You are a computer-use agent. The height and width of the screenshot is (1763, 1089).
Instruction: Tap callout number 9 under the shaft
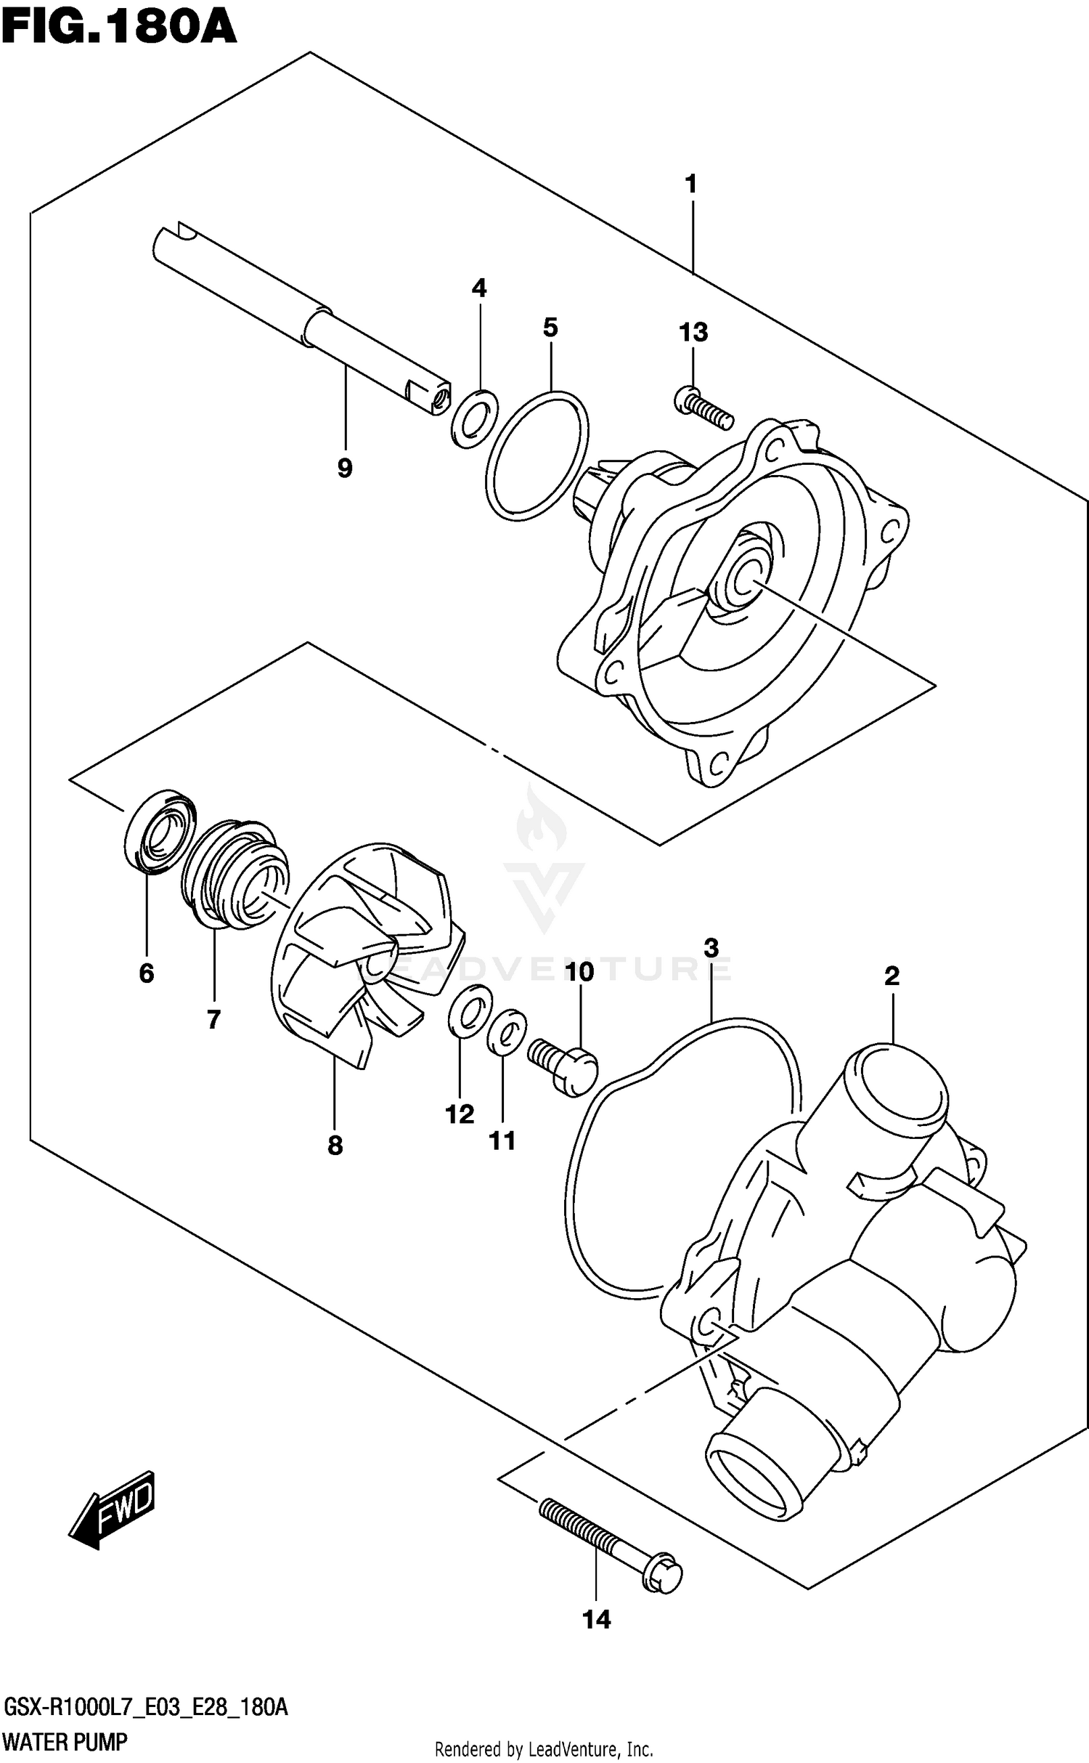(x=345, y=469)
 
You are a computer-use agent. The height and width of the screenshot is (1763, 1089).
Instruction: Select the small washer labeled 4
(x=475, y=419)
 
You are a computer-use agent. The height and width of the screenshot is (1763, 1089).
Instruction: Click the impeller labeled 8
(x=363, y=952)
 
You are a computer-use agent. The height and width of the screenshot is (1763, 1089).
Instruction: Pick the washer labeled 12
(x=468, y=1008)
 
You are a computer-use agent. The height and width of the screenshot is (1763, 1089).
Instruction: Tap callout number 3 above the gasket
(x=711, y=947)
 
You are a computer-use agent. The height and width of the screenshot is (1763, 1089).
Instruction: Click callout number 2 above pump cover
(x=892, y=976)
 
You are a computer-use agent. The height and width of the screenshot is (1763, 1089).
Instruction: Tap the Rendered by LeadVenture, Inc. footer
(x=543, y=1748)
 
